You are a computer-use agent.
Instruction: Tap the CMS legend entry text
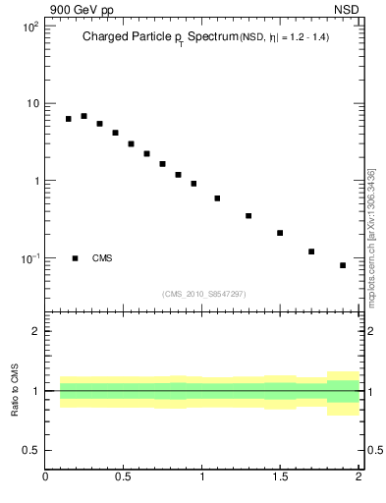click(102, 258)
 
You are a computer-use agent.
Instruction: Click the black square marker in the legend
click(76, 258)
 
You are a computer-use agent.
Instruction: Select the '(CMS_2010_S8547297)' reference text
click(204, 293)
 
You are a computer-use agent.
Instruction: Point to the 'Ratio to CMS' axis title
click(15, 390)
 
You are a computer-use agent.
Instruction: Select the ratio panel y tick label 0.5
click(29, 450)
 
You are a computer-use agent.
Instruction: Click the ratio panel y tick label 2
click(34, 331)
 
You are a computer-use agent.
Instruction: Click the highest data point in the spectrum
click(84, 116)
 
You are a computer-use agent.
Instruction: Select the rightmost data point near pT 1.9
click(343, 265)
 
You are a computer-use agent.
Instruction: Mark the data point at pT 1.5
click(280, 233)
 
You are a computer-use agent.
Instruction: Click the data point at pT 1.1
click(217, 198)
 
